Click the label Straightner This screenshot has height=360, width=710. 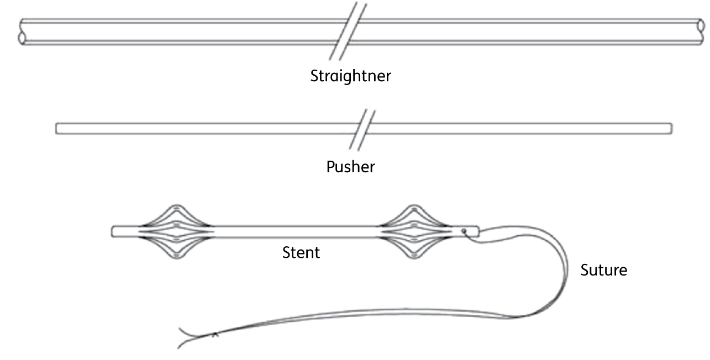(350, 76)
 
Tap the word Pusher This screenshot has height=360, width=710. (350, 166)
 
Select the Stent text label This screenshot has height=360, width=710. (301, 253)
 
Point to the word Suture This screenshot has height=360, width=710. (604, 271)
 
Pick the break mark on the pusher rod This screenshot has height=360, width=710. (362, 129)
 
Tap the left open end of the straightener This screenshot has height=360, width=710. (22, 31)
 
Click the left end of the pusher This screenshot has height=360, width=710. (57, 129)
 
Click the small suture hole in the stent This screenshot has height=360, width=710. (464, 231)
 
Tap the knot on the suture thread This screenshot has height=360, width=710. (214, 334)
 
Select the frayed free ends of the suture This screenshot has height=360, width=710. (183, 337)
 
